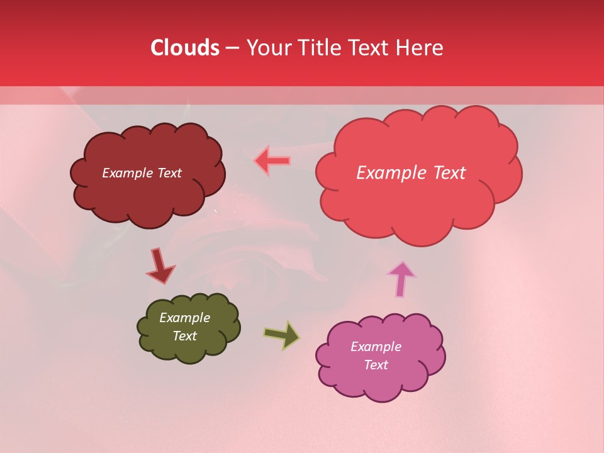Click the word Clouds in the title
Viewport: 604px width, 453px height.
tap(185, 48)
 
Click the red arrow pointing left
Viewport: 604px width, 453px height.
tap(272, 160)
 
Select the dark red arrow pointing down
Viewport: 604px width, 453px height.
tap(160, 266)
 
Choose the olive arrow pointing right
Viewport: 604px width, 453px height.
tap(281, 335)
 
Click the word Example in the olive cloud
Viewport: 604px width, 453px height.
tap(185, 318)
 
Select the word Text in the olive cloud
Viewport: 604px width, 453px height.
tap(185, 336)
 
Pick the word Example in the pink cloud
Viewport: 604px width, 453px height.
tap(376, 347)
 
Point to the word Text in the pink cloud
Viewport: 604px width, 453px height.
tap(376, 365)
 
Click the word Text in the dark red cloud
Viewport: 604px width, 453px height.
tap(169, 173)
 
